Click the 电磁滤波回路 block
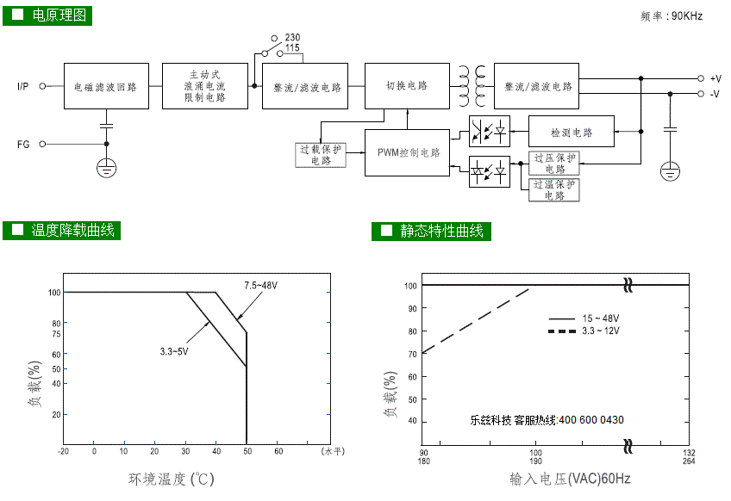click(x=106, y=86)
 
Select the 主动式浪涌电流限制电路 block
click(x=205, y=86)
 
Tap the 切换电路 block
click(x=407, y=86)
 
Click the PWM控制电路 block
click(x=407, y=152)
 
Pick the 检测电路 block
click(x=571, y=132)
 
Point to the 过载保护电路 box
click(x=321, y=155)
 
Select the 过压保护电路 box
click(x=554, y=163)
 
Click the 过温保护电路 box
click(x=554, y=189)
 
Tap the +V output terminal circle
click(x=700, y=78)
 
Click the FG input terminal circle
click(x=42, y=144)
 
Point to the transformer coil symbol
click(x=472, y=86)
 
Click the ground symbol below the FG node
click(x=106, y=168)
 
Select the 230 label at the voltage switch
click(x=293, y=37)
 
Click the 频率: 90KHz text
click(x=672, y=16)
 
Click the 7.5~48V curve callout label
click(x=260, y=286)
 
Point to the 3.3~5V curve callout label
click(x=174, y=351)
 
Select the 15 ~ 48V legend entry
click(x=584, y=319)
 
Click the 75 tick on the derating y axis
click(x=56, y=334)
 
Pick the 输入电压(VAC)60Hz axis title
click(x=570, y=479)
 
